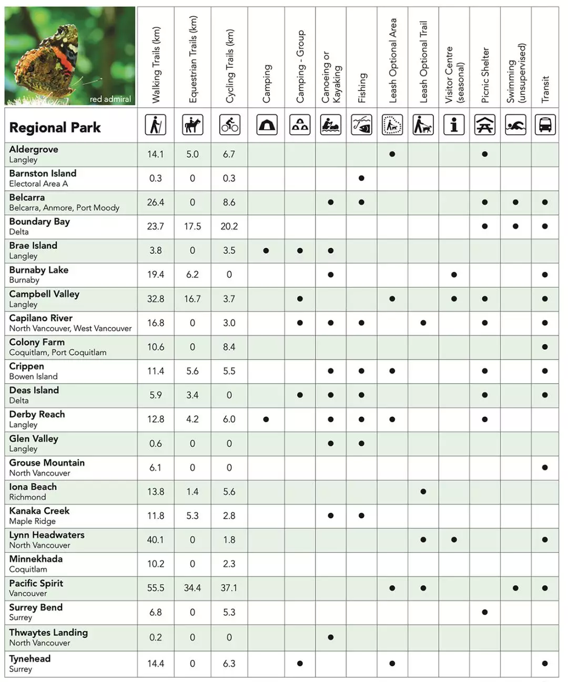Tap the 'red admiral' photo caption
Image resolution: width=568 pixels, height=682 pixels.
[110, 99]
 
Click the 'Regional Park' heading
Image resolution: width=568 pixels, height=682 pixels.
[55, 127]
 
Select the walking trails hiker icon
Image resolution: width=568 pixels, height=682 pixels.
[156, 125]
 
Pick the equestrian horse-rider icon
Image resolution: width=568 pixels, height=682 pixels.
[192, 125]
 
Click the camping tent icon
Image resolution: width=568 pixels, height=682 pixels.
[267, 125]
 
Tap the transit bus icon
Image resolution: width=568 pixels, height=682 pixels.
[545, 125]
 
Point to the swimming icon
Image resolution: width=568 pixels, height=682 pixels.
[515, 125]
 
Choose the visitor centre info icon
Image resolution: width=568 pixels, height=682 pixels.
[454, 125]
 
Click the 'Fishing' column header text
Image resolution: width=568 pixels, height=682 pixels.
[362, 87]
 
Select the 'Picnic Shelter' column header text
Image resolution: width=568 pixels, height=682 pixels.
[485, 75]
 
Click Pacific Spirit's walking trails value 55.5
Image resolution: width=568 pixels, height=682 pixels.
[156, 588]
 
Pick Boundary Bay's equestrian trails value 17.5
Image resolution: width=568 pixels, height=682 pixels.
[192, 226]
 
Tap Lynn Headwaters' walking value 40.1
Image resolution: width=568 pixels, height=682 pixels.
[156, 540]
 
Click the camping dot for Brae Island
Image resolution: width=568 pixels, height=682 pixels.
[266, 250]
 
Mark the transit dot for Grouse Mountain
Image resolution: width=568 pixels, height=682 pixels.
[545, 467]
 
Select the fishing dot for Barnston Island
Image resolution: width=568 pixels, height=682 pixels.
[361, 178]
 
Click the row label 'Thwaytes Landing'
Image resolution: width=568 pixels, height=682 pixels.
[48, 633]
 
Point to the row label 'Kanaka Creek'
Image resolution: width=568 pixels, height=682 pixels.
[39, 511]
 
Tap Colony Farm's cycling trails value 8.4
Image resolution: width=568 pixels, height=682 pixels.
[229, 347]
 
